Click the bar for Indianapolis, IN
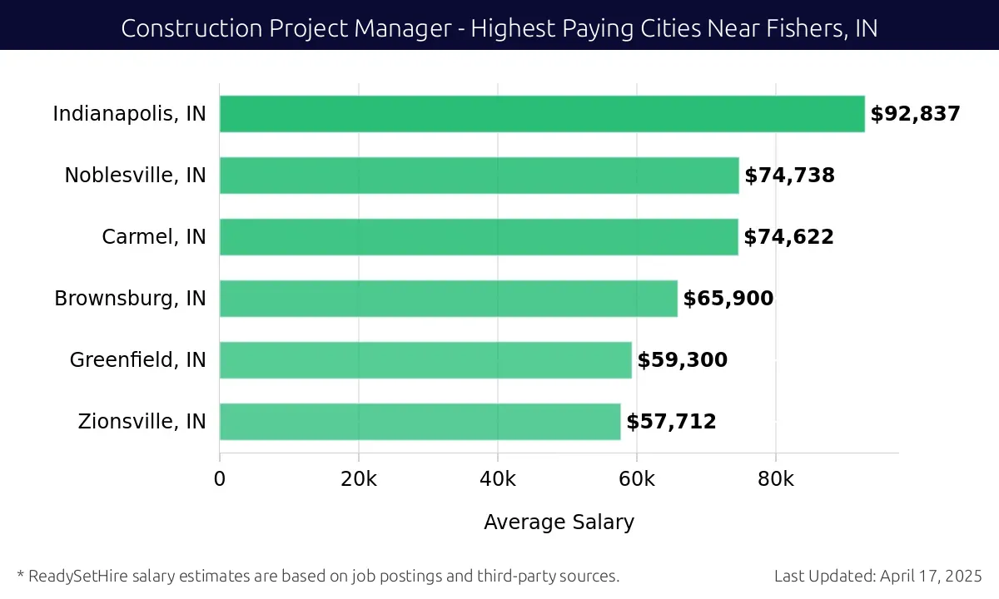click(x=542, y=114)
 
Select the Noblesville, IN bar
click(x=479, y=176)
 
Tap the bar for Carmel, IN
click(x=479, y=237)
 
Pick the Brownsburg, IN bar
click(x=449, y=299)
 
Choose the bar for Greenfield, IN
click(x=425, y=360)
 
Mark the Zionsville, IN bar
click(x=420, y=422)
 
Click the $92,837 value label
click(x=915, y=114)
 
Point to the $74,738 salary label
click(x=789, y=176)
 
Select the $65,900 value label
click(x=728, y=299)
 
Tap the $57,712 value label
click(x=671, y=422)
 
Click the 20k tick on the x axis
click(x=359, y=479)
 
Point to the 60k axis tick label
click(x=637, y=479)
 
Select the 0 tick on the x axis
click(x=220, y=479)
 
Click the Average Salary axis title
click(x=559, y=522)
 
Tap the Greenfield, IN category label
click(x=137, y=360)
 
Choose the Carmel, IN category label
click(x=154, y=237)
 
